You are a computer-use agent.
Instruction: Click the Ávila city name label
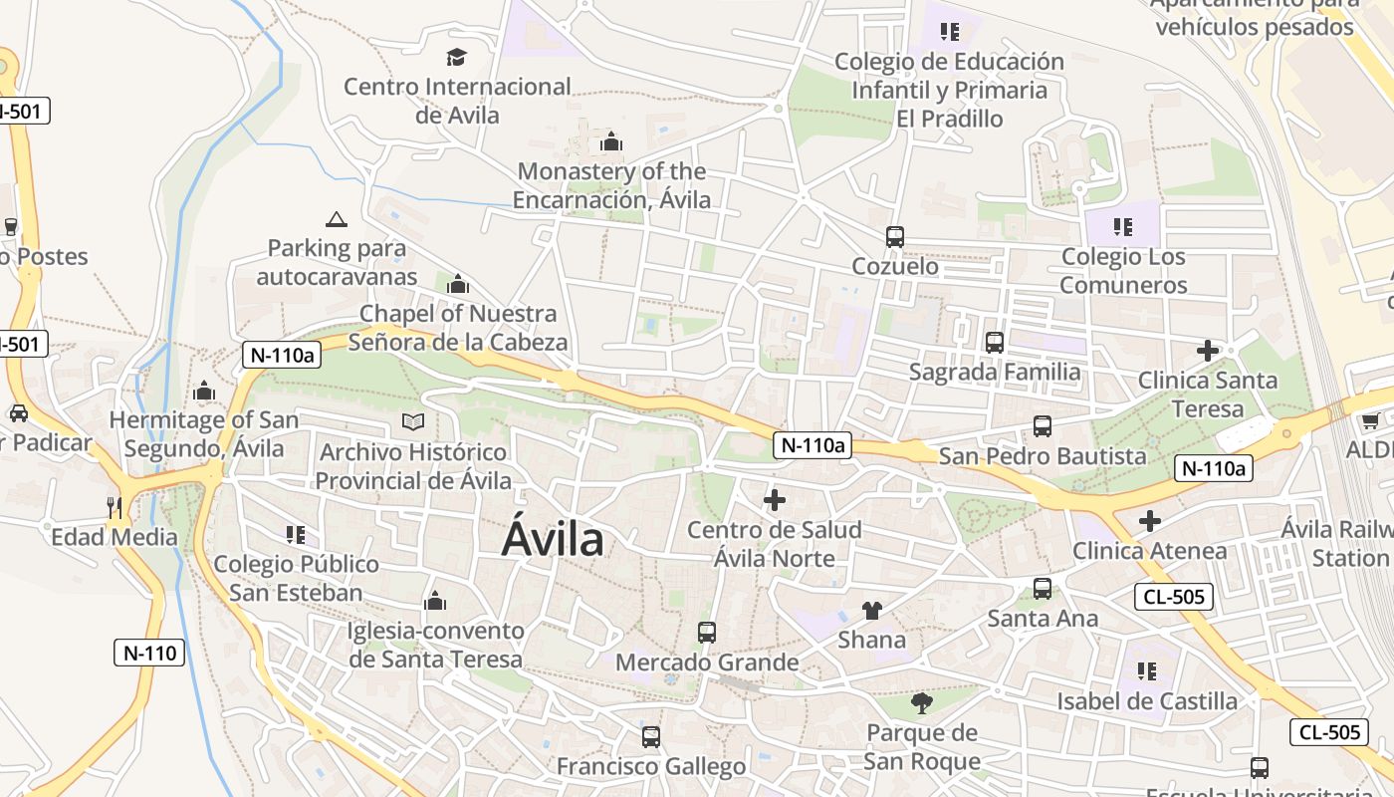(553, 539)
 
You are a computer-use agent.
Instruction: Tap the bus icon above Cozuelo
(895, 237)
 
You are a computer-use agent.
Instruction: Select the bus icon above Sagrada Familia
(994, 343)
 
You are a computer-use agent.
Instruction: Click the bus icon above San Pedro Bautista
(1043, 426)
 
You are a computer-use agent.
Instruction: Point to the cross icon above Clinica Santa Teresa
(1208, 351)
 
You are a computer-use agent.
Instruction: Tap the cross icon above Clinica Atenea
(1150, 521)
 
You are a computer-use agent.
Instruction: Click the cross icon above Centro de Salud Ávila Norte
(775, 500)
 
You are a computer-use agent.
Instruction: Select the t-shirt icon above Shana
(872, 610)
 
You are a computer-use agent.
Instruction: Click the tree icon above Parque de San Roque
(922, 703)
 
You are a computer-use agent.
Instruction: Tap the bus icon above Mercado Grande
(707, 633)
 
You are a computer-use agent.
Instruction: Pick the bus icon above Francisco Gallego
(651, 737)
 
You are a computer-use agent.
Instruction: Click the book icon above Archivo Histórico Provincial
(413, 422)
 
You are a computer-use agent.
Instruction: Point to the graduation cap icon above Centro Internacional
(457, 57)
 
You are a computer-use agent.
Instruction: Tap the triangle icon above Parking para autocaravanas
(337, 218)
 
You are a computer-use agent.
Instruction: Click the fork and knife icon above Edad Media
(115, 507)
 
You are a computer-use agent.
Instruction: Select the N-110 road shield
(149, 654)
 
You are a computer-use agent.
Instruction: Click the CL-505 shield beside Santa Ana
(1173, 598)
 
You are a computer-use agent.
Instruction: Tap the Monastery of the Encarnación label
(612, 185)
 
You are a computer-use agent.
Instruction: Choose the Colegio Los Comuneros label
(1123, 271)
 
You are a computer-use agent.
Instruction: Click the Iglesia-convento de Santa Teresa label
(435, 645)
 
